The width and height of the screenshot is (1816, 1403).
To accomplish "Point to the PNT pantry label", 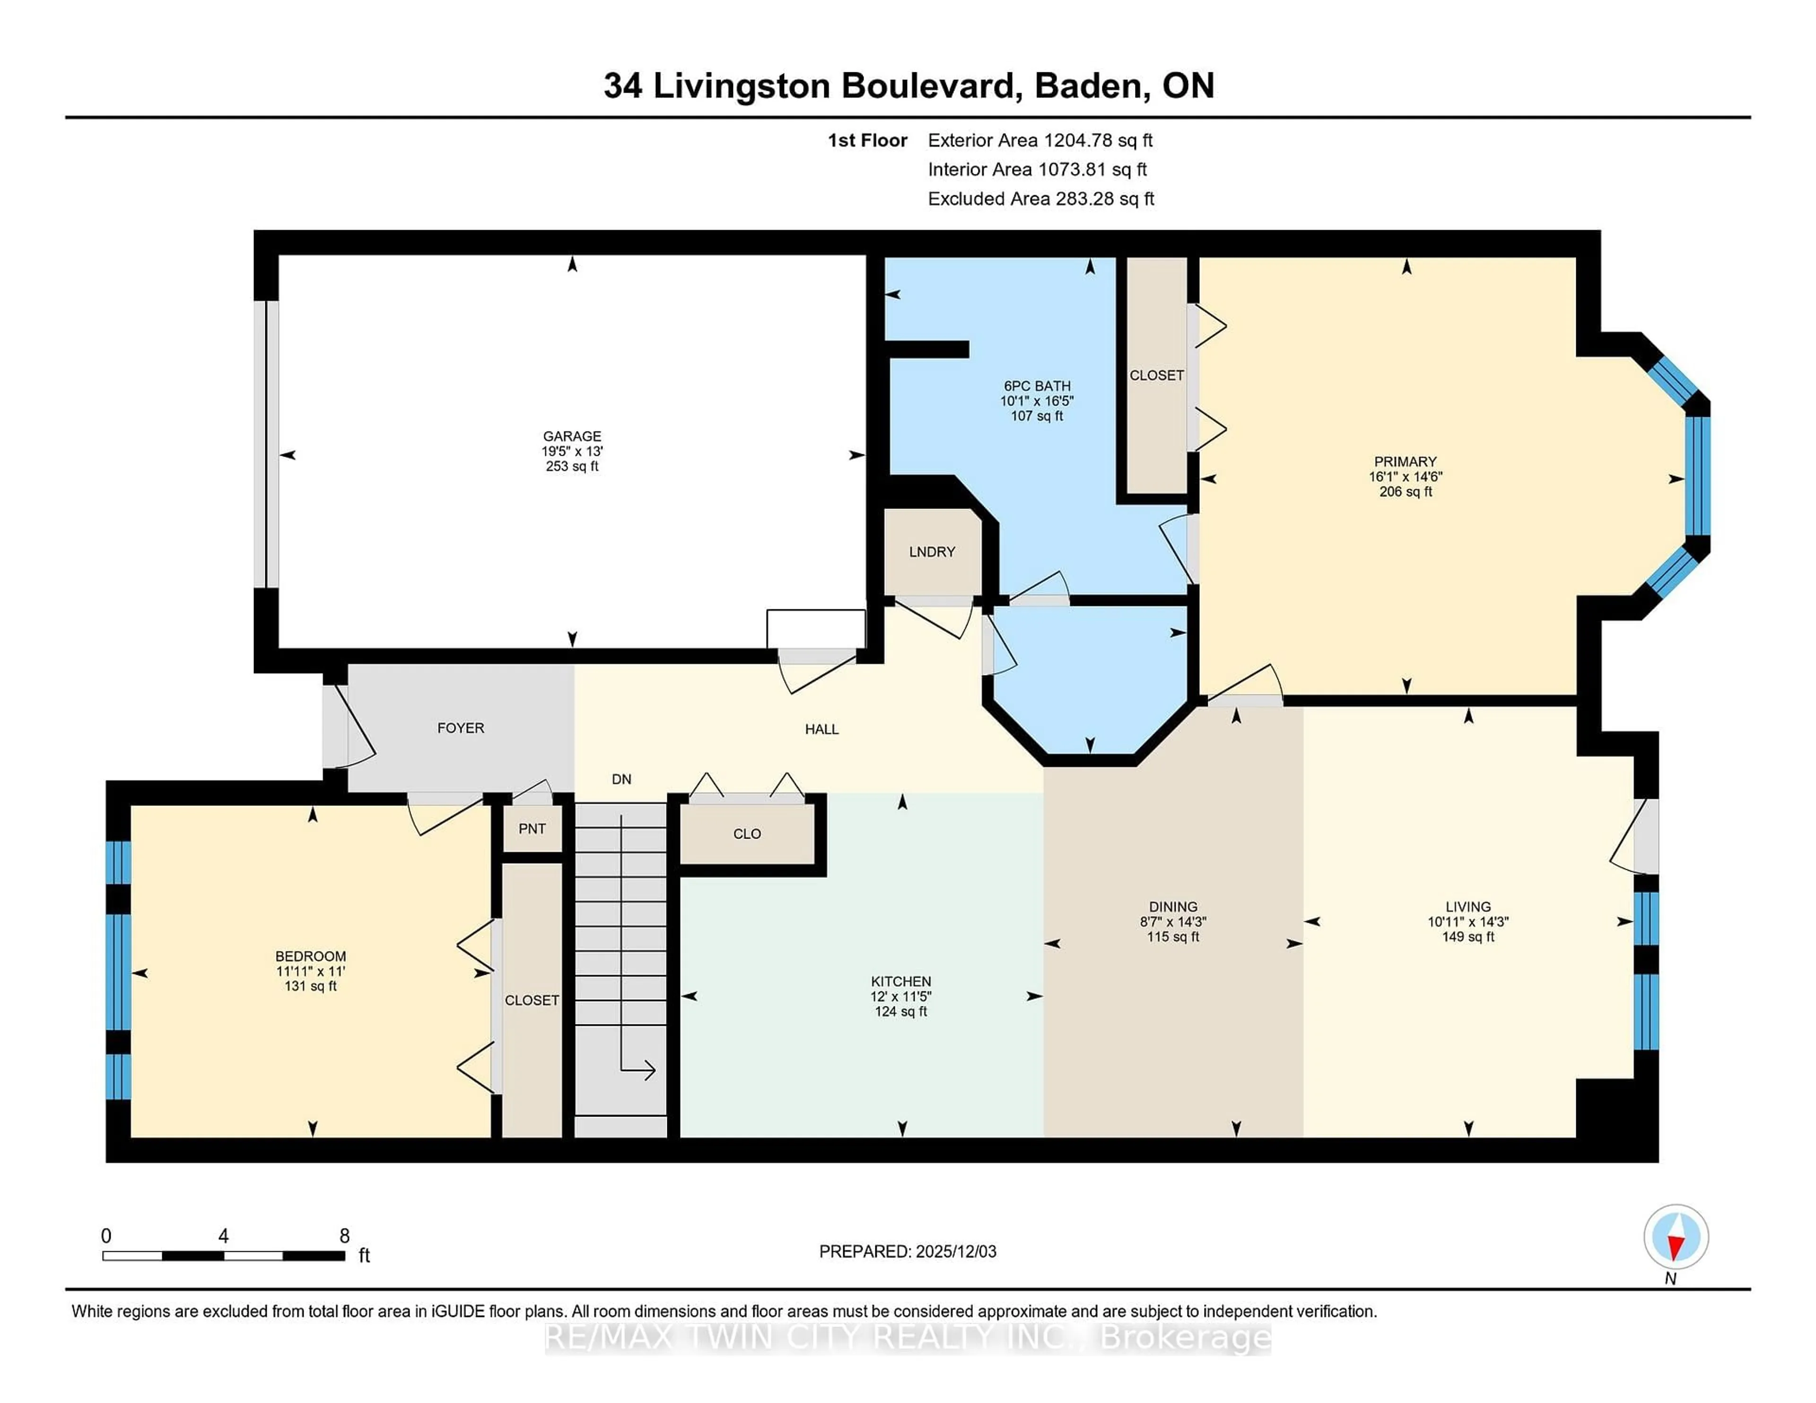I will (x=532, y=829).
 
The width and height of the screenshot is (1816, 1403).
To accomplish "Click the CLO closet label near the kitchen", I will (x=747, y=834).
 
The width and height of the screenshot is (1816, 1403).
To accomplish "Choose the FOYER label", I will (x=461, y=728).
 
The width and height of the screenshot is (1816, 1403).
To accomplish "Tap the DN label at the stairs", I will (x=621, y=779).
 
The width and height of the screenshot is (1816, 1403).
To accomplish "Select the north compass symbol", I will (x=1676, y=1237).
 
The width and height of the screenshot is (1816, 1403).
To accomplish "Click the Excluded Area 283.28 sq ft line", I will (x=1040, y=199).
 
